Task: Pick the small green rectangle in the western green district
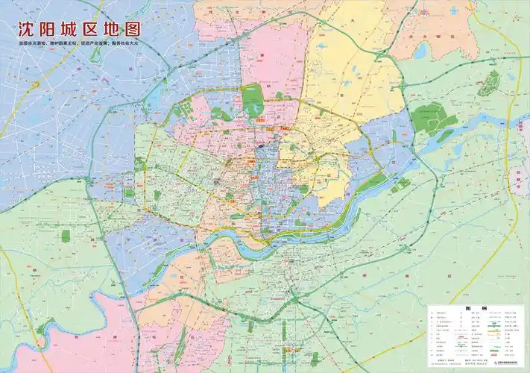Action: [66, 236]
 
